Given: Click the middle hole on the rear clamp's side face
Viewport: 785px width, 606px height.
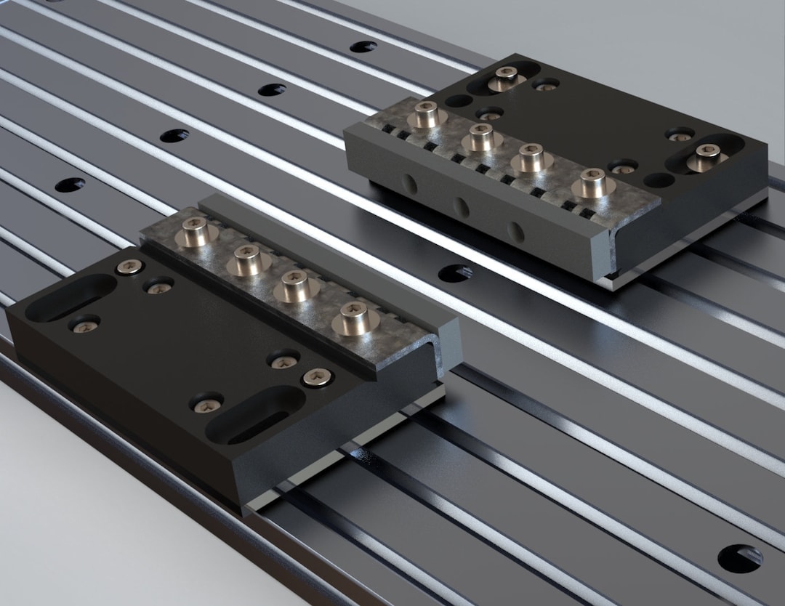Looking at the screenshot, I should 461,207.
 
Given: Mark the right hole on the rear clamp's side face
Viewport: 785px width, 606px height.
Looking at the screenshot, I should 515,232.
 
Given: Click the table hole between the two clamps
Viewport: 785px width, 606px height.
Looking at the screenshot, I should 455,273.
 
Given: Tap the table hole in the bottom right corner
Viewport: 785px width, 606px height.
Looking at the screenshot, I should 740,558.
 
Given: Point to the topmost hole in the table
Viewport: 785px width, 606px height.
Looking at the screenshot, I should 363,47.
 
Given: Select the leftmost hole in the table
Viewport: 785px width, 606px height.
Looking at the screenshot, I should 70,185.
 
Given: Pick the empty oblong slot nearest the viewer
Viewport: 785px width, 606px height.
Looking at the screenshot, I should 254,416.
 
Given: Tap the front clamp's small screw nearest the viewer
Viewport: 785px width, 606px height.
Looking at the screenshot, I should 206,402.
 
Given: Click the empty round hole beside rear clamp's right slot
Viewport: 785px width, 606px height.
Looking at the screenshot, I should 659,179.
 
